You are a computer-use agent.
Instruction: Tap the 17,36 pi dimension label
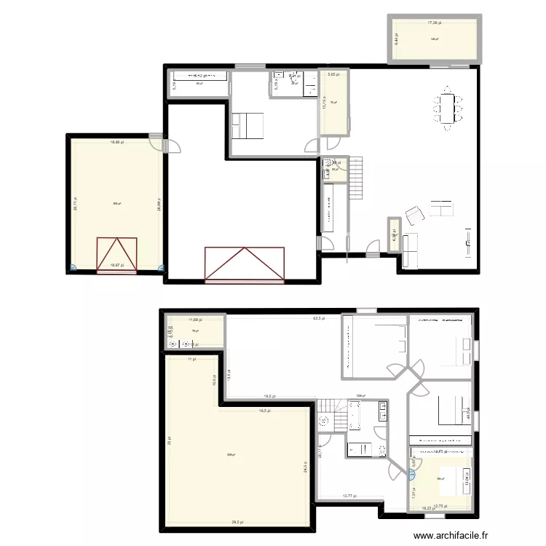[435, 23]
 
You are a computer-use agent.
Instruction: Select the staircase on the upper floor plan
[355, 178]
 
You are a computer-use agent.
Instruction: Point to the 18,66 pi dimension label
[116, 143]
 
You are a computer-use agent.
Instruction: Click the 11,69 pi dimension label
[194, 320]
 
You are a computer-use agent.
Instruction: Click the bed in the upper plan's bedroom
[248, 126]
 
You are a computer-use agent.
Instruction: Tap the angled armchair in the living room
[414, 215]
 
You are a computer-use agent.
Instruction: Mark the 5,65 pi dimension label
[332, 74]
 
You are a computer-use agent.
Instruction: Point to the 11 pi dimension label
[191, 359]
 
